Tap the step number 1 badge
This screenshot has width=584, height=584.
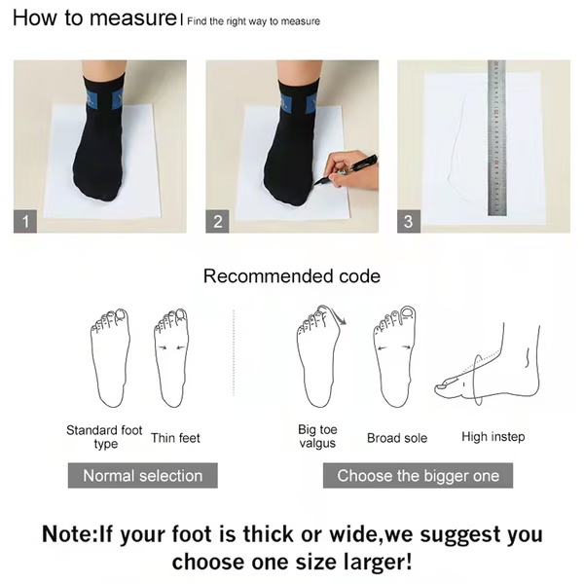(26, 221)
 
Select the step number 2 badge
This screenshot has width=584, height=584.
(218, 221)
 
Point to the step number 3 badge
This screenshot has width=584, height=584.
(408, 221)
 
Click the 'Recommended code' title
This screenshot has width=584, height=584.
(291, 276)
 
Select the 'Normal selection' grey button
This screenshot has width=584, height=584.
(142, 476)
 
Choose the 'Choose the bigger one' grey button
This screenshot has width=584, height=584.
(418, 476)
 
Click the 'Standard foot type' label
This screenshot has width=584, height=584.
(104, 437)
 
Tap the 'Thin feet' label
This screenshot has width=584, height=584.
(175, 438)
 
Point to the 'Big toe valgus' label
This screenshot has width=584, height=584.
(317, 437)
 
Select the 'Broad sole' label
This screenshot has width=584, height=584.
(396, 438)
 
